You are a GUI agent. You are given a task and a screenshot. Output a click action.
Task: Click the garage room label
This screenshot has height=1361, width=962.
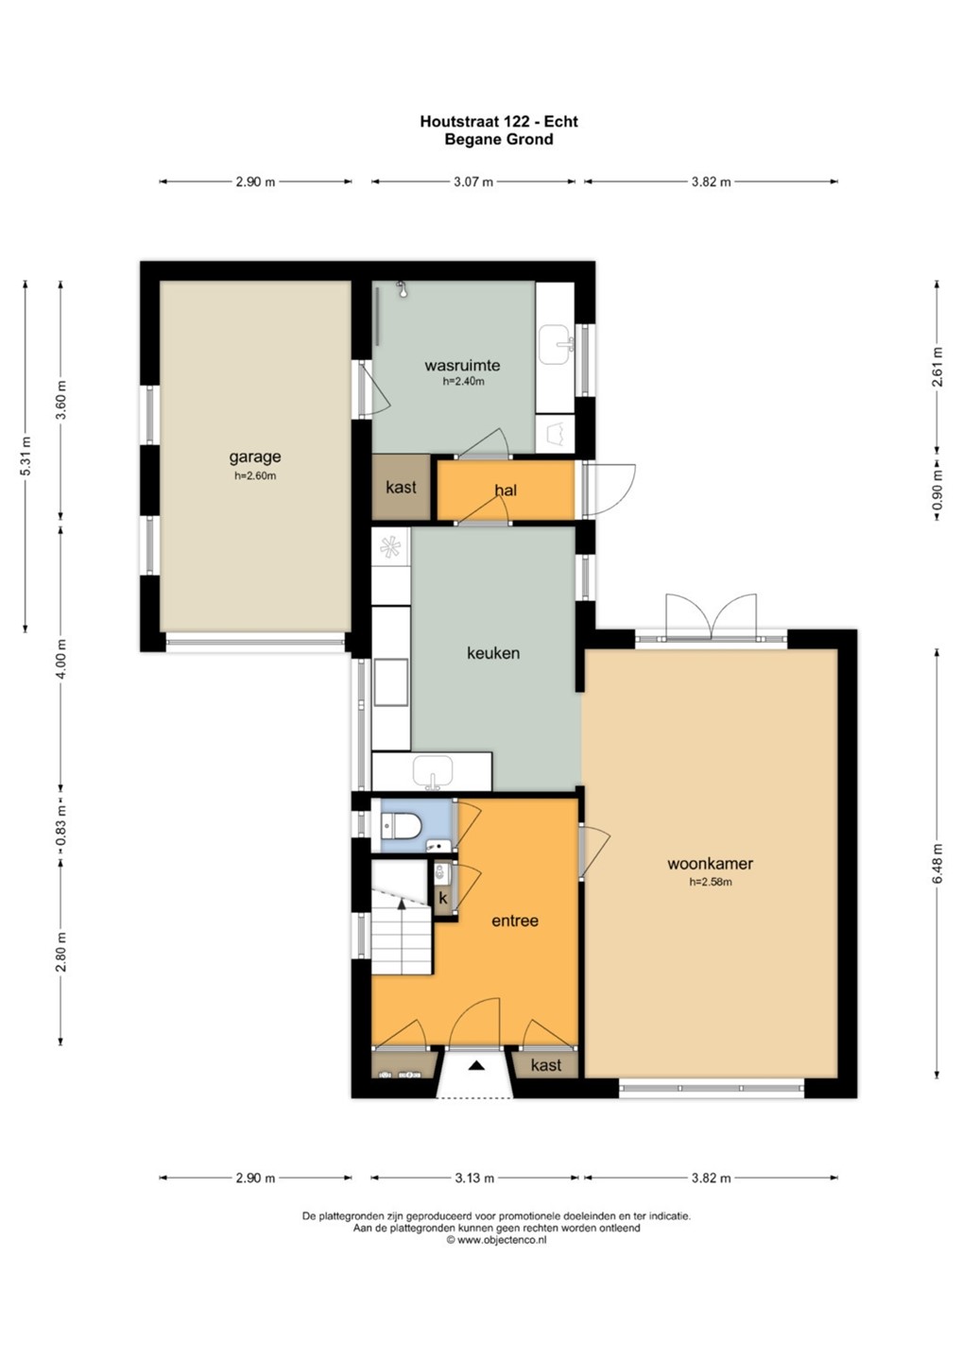[254, 457]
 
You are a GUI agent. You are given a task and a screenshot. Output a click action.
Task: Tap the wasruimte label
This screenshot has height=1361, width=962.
[462, 365]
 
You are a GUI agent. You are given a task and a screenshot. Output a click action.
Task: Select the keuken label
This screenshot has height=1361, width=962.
[493, 653]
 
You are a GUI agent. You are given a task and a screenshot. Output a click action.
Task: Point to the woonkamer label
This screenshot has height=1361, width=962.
[710, 864]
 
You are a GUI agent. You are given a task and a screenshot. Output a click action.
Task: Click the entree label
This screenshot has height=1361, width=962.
[515, 921]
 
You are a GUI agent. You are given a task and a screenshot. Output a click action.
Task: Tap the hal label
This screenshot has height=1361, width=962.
[506, 490]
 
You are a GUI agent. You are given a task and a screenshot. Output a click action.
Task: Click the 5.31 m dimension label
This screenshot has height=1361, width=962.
[25, 457]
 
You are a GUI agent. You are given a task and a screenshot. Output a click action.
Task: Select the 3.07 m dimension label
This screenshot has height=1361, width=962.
[473, 181]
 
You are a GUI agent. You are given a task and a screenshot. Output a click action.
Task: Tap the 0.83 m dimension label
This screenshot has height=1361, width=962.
[60, 827]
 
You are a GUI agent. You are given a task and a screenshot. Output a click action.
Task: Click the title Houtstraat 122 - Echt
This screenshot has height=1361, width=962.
[499, 122]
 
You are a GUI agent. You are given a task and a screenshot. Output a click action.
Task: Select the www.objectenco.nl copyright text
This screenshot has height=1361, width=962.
[496, 1241]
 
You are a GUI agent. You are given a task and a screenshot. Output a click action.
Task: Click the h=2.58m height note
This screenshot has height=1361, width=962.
[710, 882]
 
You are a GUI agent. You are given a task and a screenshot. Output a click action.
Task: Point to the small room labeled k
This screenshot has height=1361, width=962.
[443, 899]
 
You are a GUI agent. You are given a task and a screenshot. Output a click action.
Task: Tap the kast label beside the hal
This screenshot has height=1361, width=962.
[401, 488]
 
